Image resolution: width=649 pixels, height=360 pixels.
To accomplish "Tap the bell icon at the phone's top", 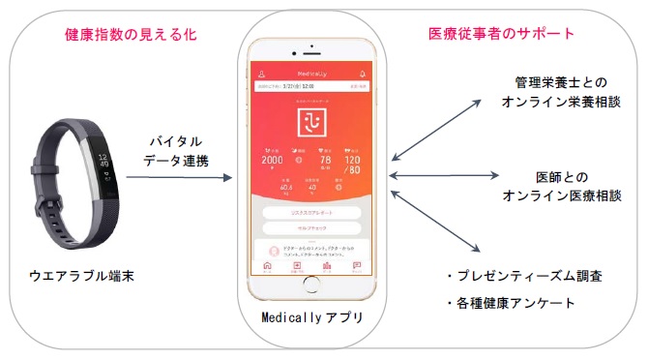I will (x=364, y=74).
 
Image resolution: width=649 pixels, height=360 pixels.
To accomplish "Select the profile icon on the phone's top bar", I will (x=260, y=74).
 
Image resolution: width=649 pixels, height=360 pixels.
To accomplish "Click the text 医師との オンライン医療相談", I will (x=558, y=186).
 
